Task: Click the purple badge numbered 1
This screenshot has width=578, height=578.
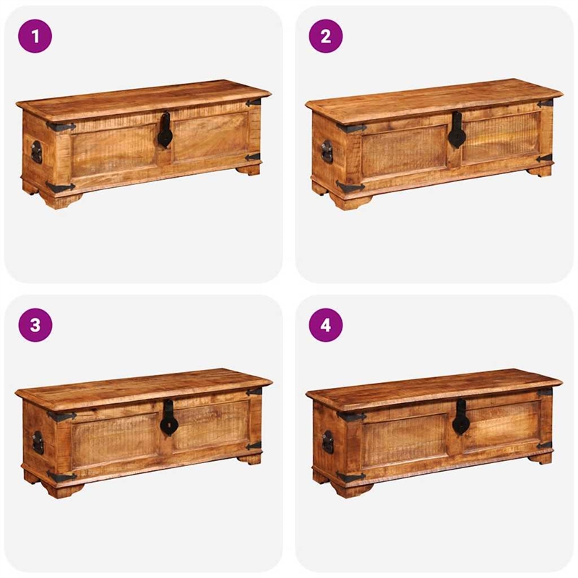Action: tap(35, 36)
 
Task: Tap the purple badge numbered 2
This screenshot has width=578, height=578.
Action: tap(326, 36)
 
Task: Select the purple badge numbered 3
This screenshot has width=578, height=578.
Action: tap(35, 325)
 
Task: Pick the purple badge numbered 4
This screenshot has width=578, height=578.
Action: tap(326, 325)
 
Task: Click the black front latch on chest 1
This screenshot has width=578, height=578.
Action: tap(165, 131)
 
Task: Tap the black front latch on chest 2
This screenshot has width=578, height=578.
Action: tap(457, 131)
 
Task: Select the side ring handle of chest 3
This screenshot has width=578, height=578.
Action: tap(38, 442)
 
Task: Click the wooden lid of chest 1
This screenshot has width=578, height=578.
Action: tap(144, 97)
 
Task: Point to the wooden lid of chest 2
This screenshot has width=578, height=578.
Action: tap(433, 96)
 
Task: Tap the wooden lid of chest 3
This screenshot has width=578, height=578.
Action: tap(144, 387)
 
